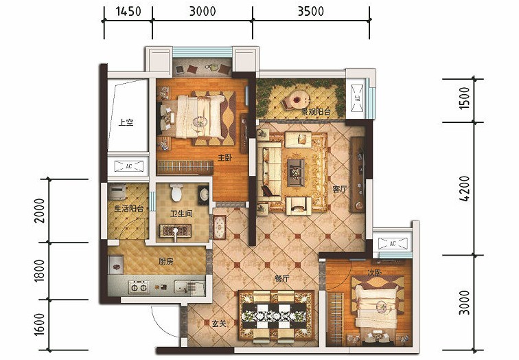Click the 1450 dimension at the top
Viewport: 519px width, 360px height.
coord(128,11)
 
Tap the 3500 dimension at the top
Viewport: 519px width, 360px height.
coord(311,11)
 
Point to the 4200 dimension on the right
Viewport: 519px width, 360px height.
coord(464,188)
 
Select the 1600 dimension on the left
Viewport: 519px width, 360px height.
coord(39,324)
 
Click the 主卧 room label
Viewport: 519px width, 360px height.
coord(224,157)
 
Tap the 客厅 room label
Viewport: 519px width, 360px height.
coord(340,189)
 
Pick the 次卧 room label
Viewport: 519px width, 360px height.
coord(374,273)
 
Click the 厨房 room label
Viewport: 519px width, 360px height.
coord(165,262)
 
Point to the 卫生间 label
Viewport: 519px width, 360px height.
coord(181,214)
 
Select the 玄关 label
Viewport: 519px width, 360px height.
coord(219,324)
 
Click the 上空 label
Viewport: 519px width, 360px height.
coord(126,122)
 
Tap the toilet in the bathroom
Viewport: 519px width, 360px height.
coord(176,192)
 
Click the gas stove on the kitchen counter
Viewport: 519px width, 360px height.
coord(139,287)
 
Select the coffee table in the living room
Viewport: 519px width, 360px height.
coord(296,172)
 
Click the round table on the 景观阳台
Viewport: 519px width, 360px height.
coord(297,99)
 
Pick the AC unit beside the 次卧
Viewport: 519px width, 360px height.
coord(393,243)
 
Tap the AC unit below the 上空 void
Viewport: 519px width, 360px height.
coord(129,166)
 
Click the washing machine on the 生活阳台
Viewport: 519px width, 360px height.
coord(117,192)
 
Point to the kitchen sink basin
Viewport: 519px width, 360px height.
coord(181,287)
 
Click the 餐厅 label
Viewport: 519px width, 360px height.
coord(281,279)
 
